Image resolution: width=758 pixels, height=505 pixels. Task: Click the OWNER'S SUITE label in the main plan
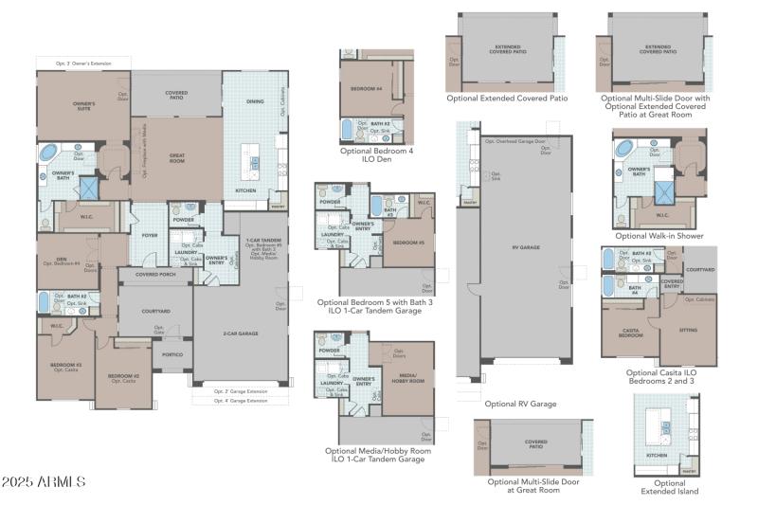(x=84, y=106)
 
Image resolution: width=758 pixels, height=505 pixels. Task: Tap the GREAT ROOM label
(x=176, y=157)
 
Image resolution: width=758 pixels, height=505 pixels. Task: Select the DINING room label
(x=255, y=101)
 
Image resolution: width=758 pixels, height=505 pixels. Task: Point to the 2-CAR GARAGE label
(x=242, y=334)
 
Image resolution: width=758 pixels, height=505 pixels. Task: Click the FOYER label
(x=150, y=236)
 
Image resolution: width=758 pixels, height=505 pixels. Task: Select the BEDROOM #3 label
(x=65, y=366)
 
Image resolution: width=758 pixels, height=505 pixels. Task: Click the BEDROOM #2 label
(x=123, y=377)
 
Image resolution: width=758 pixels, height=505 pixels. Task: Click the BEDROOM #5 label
(x=409, y=243)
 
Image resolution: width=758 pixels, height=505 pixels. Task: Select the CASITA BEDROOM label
(x=631, y=334)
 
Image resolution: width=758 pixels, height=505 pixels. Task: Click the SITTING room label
(x=689, y=331)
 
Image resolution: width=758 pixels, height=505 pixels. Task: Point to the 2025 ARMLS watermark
(x=45, y=482)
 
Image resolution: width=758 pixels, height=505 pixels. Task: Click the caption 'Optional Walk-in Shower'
(x=659, y=236)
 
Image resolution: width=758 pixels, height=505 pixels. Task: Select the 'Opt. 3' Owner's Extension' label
(x=82, y=63)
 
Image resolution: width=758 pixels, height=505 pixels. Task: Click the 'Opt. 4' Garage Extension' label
(x=241, y=402)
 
